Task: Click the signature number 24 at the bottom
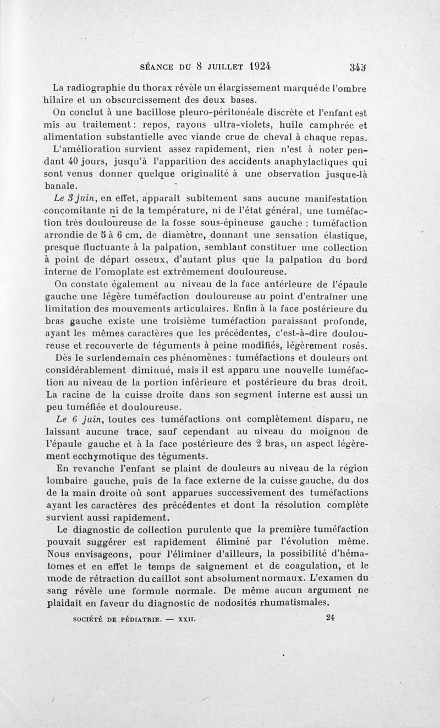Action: (x=331, y=617)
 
